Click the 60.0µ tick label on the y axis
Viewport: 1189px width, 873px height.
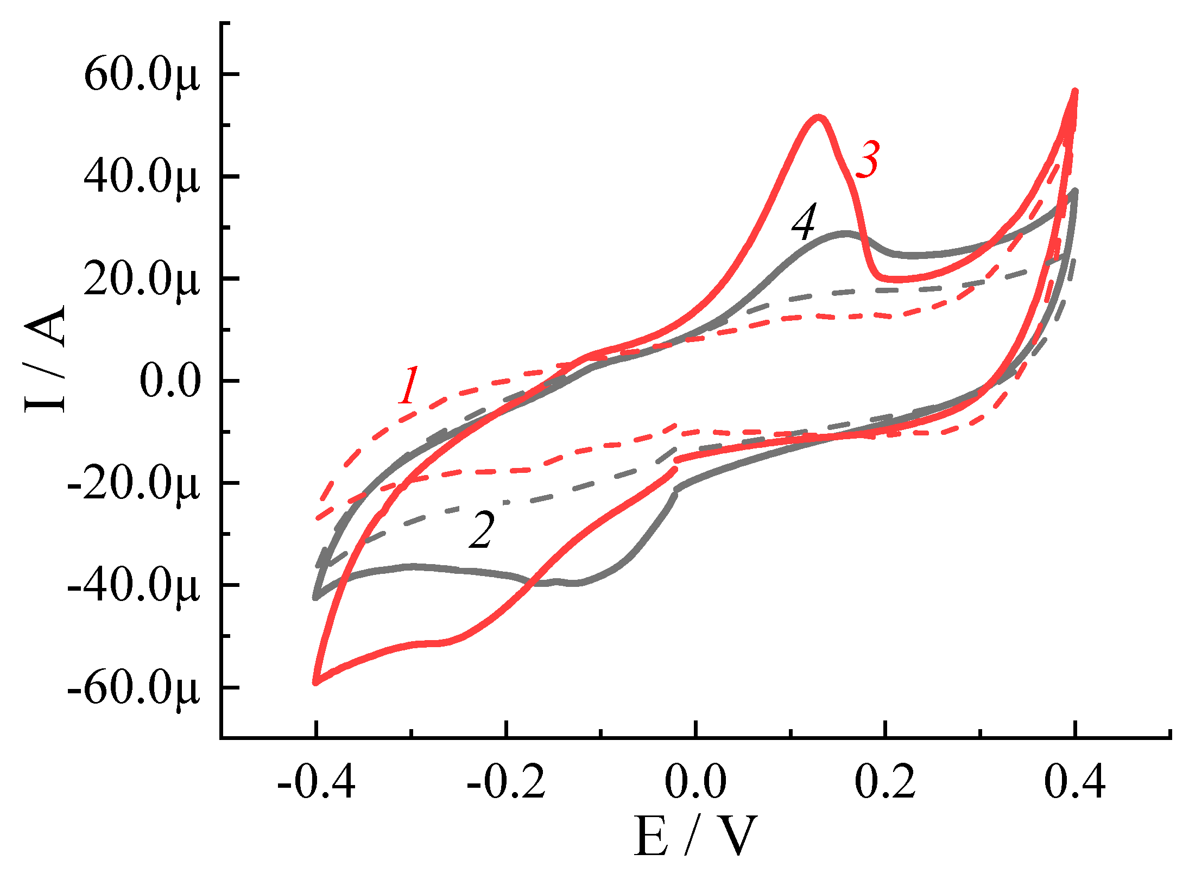click(142, 75)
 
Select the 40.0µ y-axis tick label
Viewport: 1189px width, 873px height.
click(142, 177)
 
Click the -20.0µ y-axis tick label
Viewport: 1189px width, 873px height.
click(134, 483)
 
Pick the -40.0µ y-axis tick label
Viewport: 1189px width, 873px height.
click(134, 585)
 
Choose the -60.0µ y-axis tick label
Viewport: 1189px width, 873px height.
click(134, 688)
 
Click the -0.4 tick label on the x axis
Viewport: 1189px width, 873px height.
click(316, 782)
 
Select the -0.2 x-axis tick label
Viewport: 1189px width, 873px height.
click(505, 782)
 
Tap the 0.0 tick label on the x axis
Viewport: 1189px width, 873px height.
click(695, 782)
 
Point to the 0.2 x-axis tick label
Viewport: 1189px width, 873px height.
click(885, 782)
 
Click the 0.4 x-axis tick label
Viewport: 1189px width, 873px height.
click(1074, 782)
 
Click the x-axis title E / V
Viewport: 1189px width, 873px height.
click(695, 837)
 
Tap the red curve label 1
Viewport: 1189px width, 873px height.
click(409, 385)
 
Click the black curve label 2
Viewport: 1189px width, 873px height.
click(482, 530)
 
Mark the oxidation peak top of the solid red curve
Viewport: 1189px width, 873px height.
click(818, 117)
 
